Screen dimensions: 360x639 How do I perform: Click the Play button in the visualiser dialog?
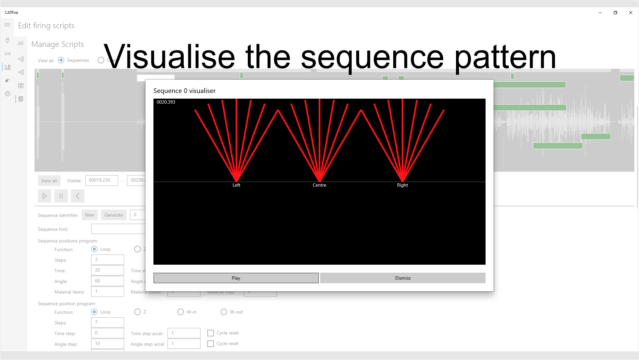pyautogui.click(x=236, y=278)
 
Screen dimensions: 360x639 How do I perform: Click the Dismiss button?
pyautogui.click(x=403, y=278)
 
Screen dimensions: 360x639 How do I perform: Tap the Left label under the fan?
pyautogui.click(x=236, y=185)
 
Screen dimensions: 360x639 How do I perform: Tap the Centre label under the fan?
pyautogui.click(x=319, y=185)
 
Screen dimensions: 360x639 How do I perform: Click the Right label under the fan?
pyautogui.click(x=402, y=185)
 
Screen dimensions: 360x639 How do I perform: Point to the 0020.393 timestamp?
pyautogui.click(x=166, y=102)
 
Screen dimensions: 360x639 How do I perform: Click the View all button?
pyautogui.click(x=49, y=181)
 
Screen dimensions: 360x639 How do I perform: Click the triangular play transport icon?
pyautogui.click(x=45, y=196)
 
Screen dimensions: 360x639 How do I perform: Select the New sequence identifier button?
pyautogui.click(x=89, y=215)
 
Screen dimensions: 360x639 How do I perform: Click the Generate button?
pyautogui.click(x=113, y=215)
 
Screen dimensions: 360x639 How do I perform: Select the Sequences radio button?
pyautogui.click(x=61, y=60)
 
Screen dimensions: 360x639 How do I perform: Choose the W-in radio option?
pyautogui.click(x=181, y=312)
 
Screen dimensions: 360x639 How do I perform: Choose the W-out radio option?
pyautogui.click(x=224, y=312)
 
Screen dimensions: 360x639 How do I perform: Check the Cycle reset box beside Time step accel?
pyautogui.click(x=211, y=333)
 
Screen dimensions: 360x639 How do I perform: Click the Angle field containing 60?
pyautogui.click(x=107, y=281)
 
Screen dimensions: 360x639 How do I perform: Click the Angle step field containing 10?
pyautogui.click(x=107, y=344)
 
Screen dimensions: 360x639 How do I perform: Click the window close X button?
pyautogui.click(x=630, y=13)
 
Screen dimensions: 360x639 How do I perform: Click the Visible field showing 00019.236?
pyautogui.click(x=101, y=180)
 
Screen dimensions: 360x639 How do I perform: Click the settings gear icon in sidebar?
pyautogui.click(x=8, y=94)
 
